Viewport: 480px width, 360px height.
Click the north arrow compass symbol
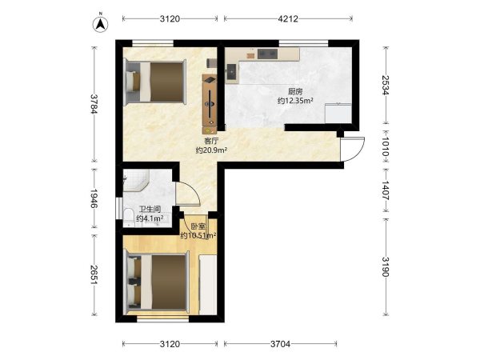(x=100, y=23)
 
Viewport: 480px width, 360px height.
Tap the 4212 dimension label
(x=288, y=19)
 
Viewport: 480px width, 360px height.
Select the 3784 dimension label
(x=94, y=104)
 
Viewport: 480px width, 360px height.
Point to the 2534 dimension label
(x=386, y=85)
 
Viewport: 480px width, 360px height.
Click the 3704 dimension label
(x=280, y=344)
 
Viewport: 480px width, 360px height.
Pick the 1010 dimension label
(x=386, y=146)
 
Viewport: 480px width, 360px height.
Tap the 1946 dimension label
(x=94, y=198)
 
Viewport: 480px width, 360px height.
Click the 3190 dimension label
(x=386, y=266)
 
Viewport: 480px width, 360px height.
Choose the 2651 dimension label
(x=94, y=274)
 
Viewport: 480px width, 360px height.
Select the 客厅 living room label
(x=211, y=141)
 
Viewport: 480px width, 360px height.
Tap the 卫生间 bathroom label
(x=150, y=210)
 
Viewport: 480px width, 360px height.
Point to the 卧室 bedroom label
(x=198, y=227)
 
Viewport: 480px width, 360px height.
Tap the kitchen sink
(x=231, y=72)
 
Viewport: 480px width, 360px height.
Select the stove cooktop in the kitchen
(x=267, y=54)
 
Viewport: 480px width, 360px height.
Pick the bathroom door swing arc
(x=191, y=192)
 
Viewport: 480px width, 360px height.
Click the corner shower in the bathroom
(x=136, y=180)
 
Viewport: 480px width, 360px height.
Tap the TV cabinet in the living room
(x=210, y=104)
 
